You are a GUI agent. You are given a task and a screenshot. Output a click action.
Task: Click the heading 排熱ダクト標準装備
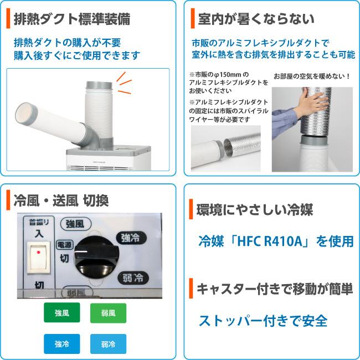pos(72,19)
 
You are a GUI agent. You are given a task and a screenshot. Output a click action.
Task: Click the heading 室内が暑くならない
pos(256,19)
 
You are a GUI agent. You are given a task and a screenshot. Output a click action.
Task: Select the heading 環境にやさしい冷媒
pos(255,210)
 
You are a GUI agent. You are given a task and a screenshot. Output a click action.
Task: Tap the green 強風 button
pos(61,313)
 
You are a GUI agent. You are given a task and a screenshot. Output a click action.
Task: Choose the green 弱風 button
pos(108,313)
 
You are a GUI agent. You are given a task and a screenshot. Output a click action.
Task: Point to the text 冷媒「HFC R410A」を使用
pos(276,241)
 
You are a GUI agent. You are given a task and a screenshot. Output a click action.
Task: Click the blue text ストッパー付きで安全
pos(263,321)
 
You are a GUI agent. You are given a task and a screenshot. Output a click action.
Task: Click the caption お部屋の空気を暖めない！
pos(312,75)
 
